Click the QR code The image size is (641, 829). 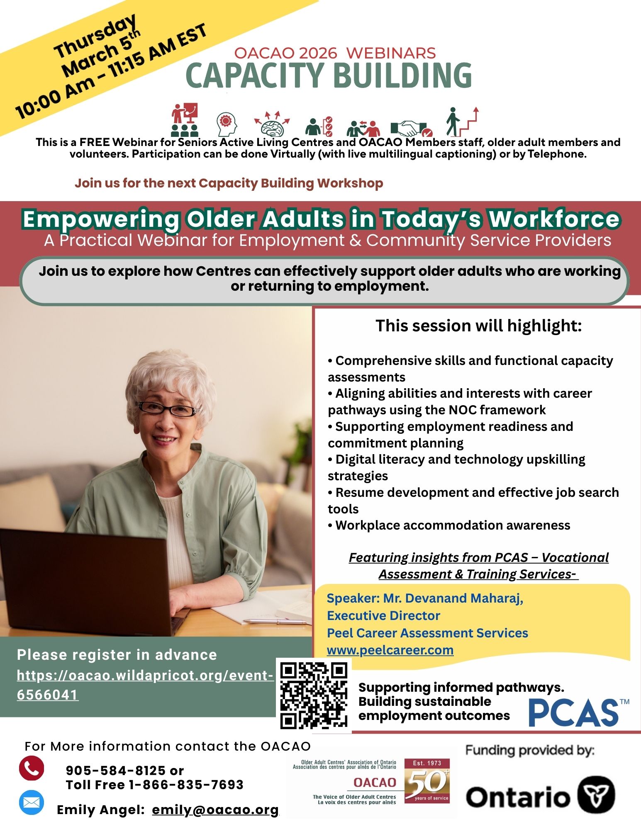click(x=314, y=695)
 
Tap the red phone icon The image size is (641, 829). click(x=32, y=768)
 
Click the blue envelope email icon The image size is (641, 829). click(x=32, y=802)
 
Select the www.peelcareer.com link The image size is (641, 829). click(x=390, y=650)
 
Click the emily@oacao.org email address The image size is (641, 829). click(x=215, y=810)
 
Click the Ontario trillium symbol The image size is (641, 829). click(x=597, y=795)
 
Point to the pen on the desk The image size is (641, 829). click(x=266, y=621)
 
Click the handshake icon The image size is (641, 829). click(x=411, y=128)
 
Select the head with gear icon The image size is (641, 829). click(x=227, y=124)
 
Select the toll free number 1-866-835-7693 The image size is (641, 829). click(x=186, y=785)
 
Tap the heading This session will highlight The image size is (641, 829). click(x=479, y=326)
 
